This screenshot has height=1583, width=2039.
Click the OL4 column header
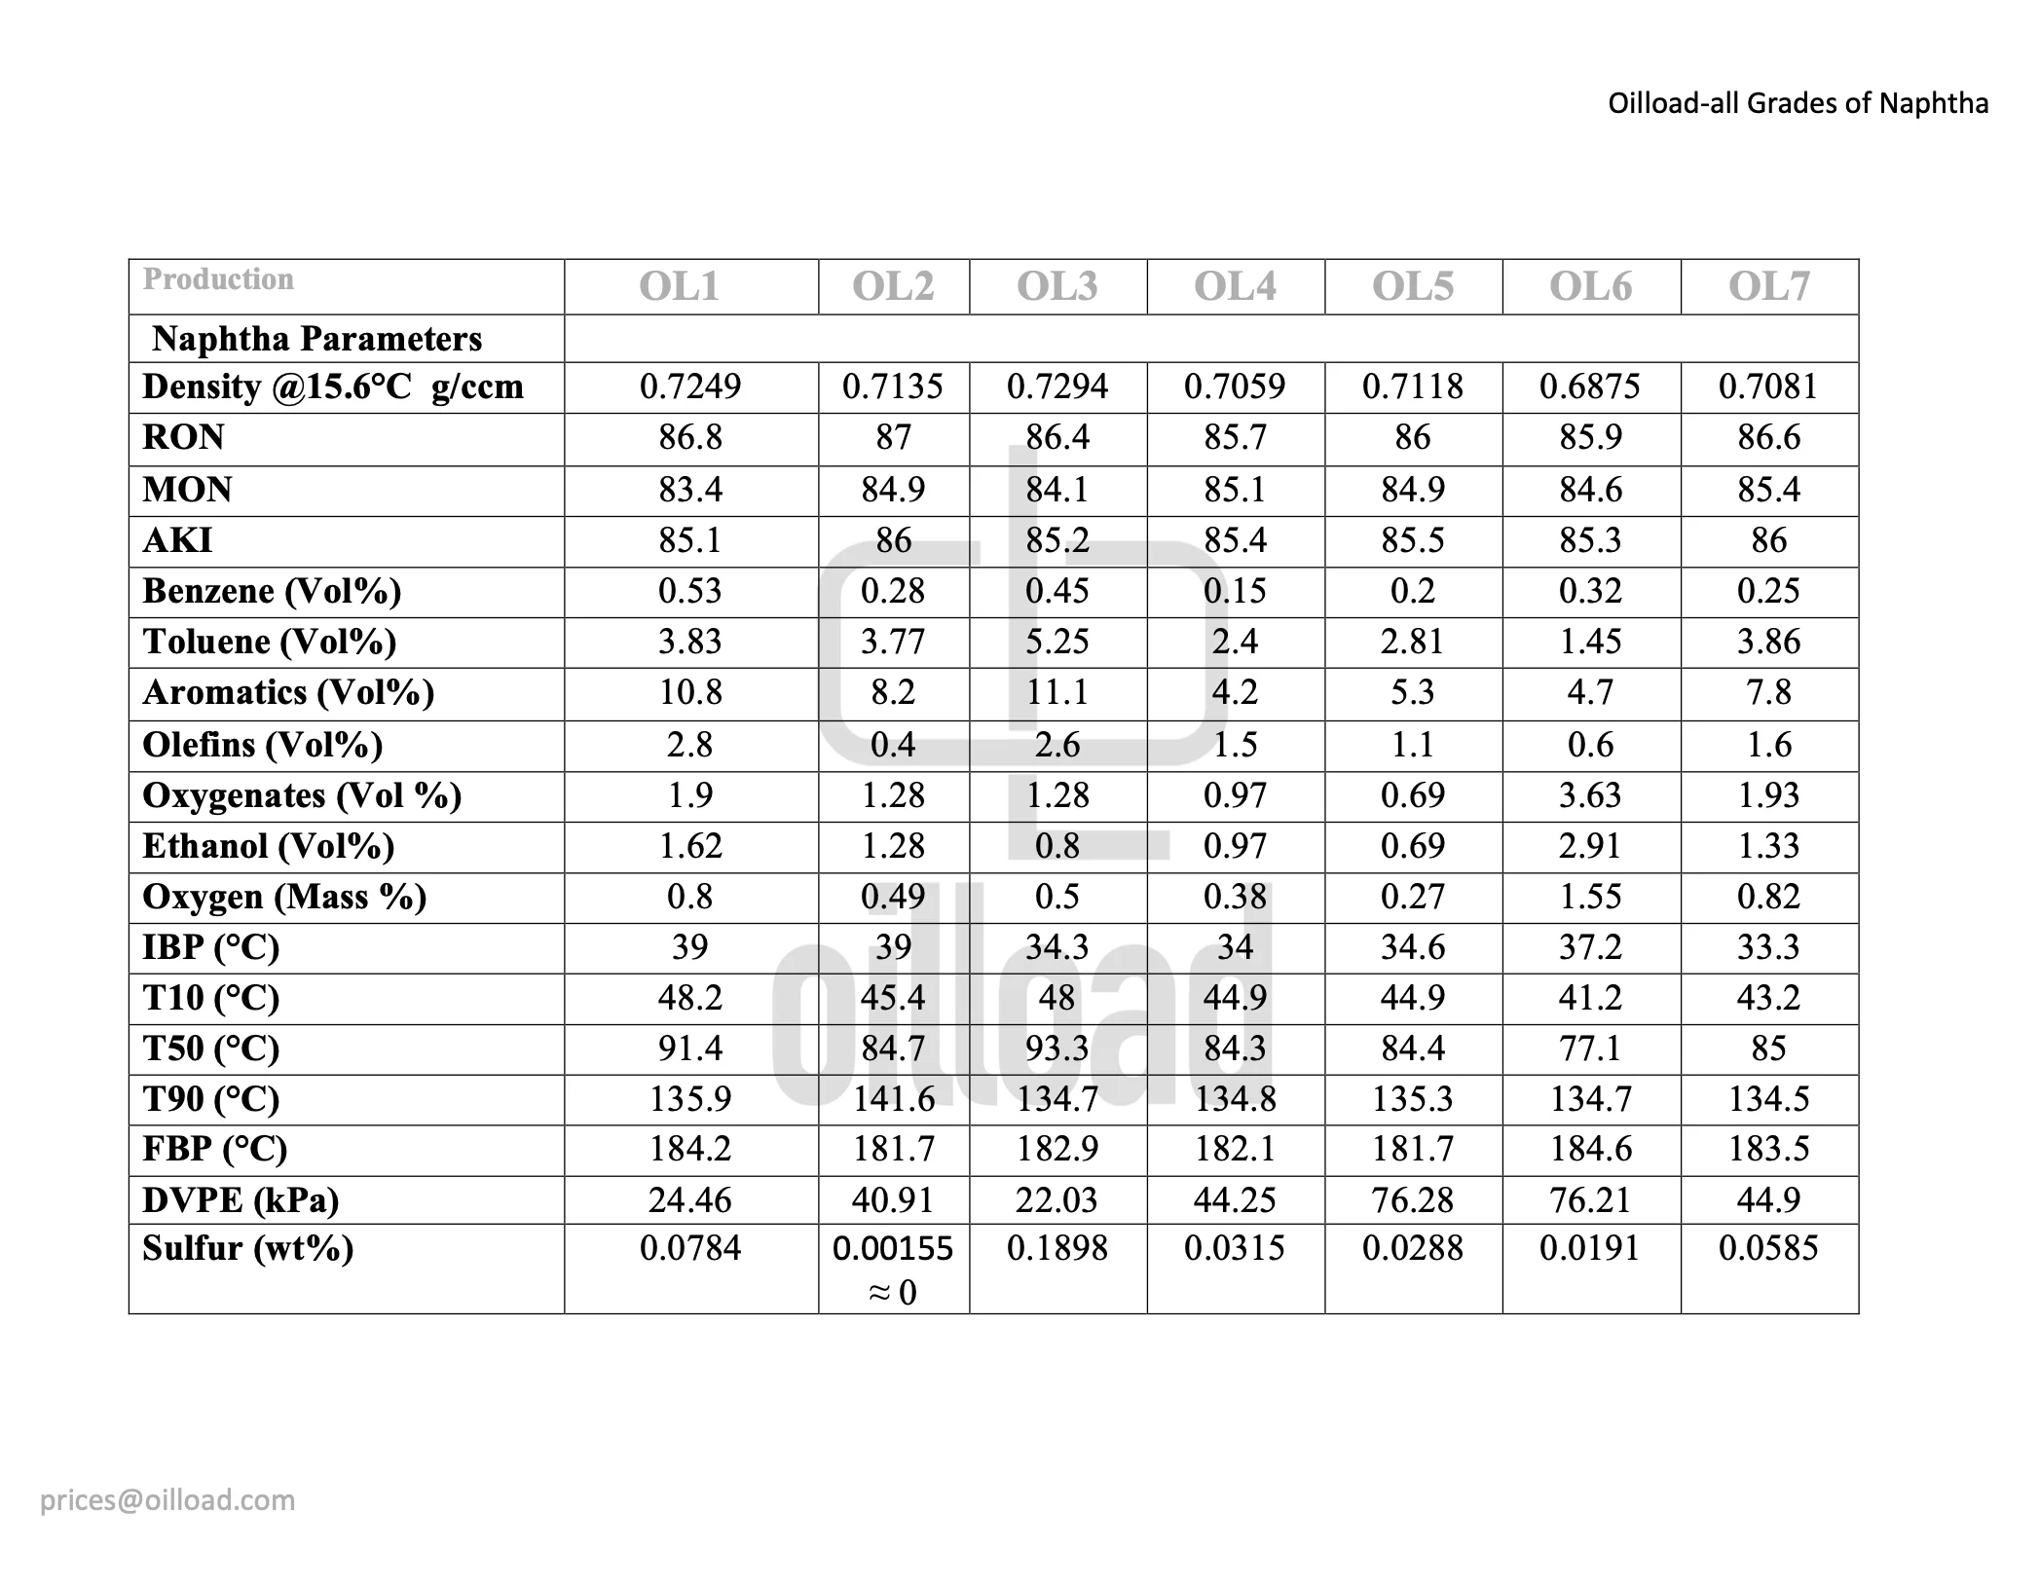point(1235,286)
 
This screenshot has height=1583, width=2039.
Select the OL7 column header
point(1768,286)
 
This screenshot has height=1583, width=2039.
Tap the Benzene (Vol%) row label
point(272,591)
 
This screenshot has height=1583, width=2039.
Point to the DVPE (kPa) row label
point(241,1199)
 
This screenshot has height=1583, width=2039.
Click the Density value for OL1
point(690,387)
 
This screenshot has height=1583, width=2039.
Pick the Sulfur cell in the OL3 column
point(1057,1248)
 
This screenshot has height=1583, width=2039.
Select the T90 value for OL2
point(894,1099)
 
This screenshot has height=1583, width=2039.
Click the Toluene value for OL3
point(1057,642)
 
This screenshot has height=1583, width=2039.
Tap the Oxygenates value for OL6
point(1590,795)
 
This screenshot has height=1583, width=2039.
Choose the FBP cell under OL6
point(1590,1149)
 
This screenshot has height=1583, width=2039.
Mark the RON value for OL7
point(1768,437)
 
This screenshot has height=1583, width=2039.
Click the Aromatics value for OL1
point(690,692)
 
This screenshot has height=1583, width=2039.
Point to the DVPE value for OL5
point(1412,1199)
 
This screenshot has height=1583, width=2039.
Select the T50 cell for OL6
point(1590,1049)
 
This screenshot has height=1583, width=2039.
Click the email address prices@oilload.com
point(167,1499)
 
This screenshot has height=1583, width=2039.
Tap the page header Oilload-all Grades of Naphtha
point(1798,103)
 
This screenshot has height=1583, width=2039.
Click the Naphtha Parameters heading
point(317,339)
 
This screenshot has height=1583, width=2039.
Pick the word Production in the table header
point(218,279)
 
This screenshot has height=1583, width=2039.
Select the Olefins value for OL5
point(1412,745)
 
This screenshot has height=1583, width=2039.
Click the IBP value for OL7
point(1768,947)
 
